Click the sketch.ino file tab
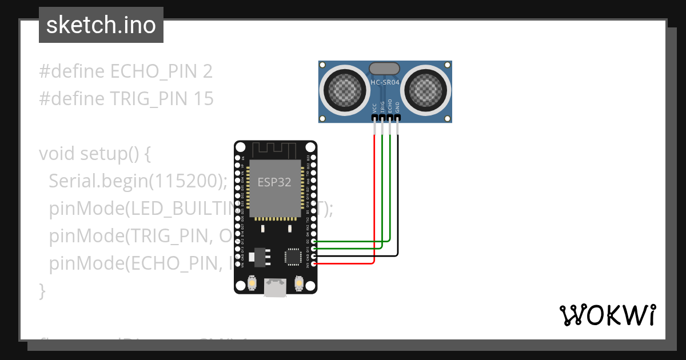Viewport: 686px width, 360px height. tap(101, 25)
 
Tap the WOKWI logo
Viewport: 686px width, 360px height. tap(607, 315)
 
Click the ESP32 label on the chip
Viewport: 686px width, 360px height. tap(274, 182)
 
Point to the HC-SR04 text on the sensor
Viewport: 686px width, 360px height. tap(385, 82)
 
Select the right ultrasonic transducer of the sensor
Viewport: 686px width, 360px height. tap(425, 89)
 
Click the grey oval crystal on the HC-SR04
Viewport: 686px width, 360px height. tap(385, 69)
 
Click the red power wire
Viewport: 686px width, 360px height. tap(374, 200)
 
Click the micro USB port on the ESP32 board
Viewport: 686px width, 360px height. tap(275, 287)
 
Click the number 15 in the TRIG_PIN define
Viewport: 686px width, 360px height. tap(202, 99)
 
